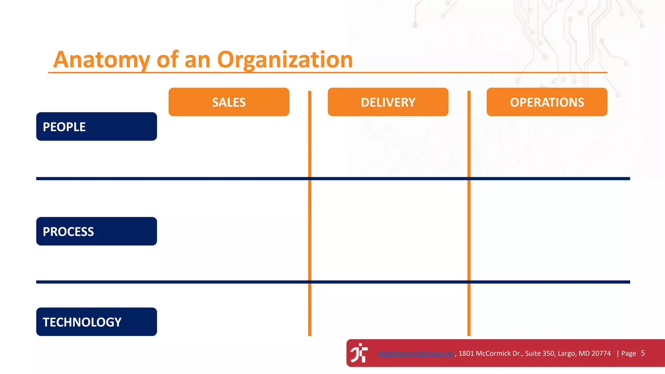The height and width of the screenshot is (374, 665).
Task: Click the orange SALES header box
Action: pyautogui.click(x=229, y=102)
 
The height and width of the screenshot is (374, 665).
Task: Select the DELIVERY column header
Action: pyautogui.click(x=388, y=102)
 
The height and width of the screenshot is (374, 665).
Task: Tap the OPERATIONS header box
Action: pyautogui.click(x=547, y=102)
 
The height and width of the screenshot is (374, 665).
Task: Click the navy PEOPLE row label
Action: pyautogui.click(x=96, y=127)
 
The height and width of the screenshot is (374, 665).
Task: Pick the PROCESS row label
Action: pyautogui.click(x=96, y=231)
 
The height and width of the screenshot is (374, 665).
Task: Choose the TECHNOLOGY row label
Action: pyautogui.click(x=96, y=322)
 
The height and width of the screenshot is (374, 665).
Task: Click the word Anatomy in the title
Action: pyautogui.click(x=102, y=60)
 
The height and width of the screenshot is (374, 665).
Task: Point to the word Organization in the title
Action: pyautogui.click(x=285, y=60)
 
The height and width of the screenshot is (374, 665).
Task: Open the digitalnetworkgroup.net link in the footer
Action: pyautogui.click(x=415, y=354)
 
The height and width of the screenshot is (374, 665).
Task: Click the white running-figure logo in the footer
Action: pyautogui.click(x=359, y=353)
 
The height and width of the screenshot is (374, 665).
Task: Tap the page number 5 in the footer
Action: pyautogui.click(x=643, y=353)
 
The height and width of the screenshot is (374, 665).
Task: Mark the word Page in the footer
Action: pyautogui.click(x=629, y=354)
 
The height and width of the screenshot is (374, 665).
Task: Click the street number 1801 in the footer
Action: pyautogui.click(x=466, y=354)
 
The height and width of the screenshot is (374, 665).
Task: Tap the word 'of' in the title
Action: pyautogui.click(x=168, y=60)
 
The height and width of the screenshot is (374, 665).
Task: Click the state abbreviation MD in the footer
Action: pyautogui.click(x=583, y=354)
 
